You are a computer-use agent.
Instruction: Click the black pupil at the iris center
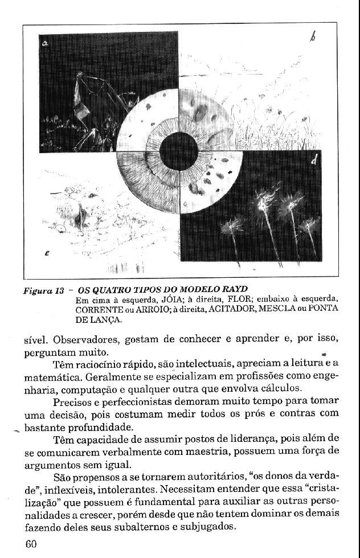pyautogui.click(x=179, y=151)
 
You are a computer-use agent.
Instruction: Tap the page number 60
pyautogui.click(x=31, y=543)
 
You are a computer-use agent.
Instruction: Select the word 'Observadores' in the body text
pyautogui.click(x=87, y=340)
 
